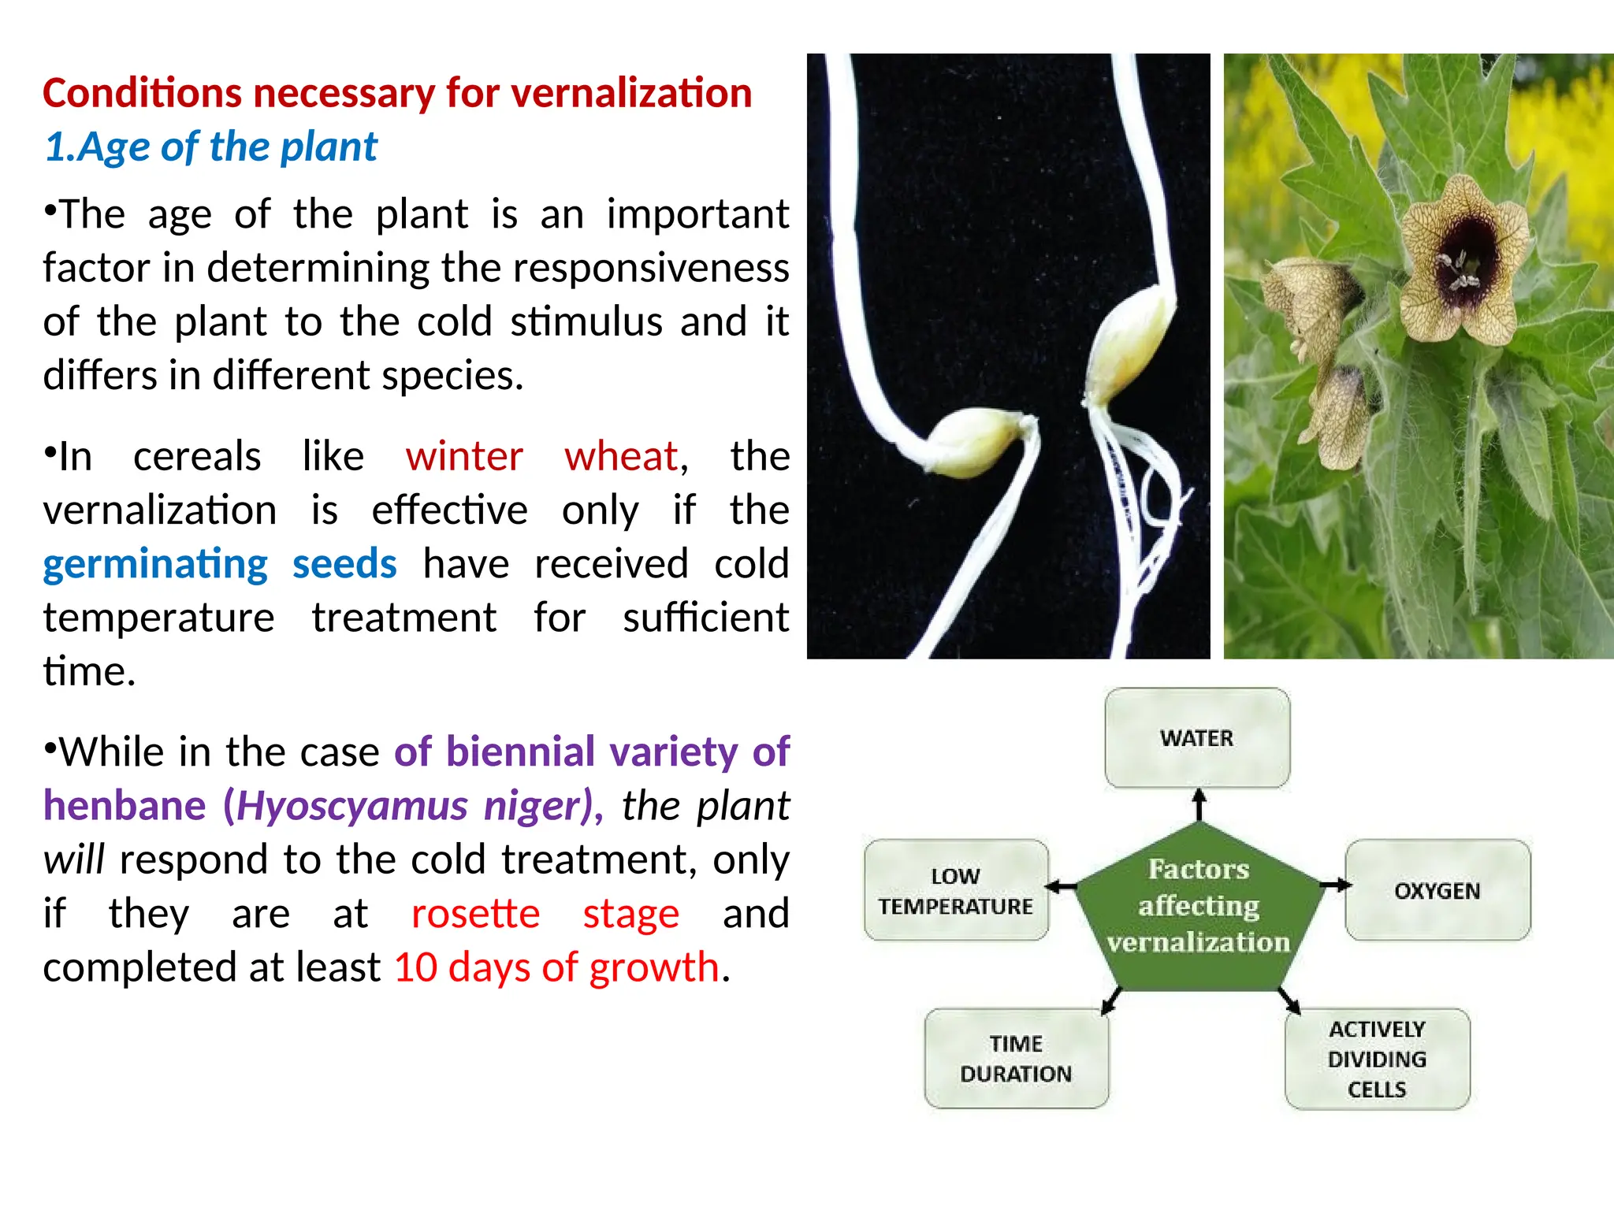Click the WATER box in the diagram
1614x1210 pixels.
[x=1196, y=738]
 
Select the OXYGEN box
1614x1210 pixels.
[x=1437, y=890]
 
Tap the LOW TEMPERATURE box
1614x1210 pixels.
[x=956, y=890]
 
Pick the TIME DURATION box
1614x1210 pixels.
[x=1016, y=1058]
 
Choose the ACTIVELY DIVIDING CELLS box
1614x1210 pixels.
[x=1377, y=1059]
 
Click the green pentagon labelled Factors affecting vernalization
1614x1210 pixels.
[x=1198, y=906]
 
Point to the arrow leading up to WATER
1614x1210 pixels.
[x=1199, y=805]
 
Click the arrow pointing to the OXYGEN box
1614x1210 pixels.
[x=1334, y=885]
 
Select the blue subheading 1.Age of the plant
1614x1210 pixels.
[x=210, y=147]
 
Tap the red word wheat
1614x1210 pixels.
[x=621, y=456]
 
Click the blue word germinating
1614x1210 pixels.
[x=155, y=564]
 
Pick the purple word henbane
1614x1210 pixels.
[x=125, y=806]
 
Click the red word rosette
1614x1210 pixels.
[x=475, y=914]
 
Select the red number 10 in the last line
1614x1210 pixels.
[x=415, y=967]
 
